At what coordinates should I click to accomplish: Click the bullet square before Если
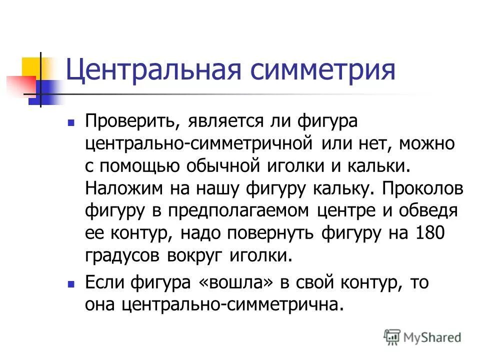71,283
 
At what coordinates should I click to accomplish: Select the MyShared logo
423,337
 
